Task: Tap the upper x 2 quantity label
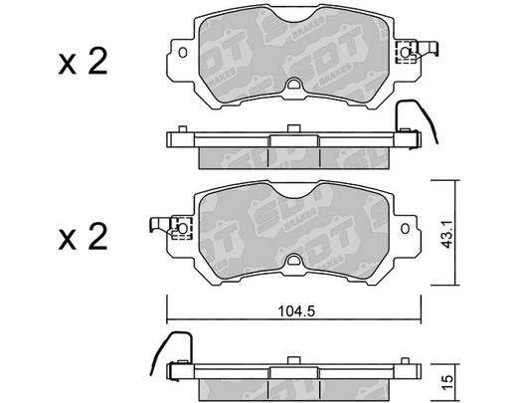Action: click(83, 62)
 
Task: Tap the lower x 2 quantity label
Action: click(83, 237)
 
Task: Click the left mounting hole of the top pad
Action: click(183, 53)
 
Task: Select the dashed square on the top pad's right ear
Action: click(407, 52)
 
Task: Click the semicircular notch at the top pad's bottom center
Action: click(293, 84)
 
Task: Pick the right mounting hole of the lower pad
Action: click(405, 229)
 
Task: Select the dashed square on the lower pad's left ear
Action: click(182, 228)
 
